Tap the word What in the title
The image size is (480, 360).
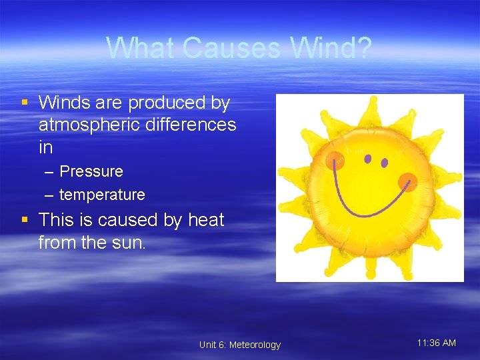(x=141, y=48)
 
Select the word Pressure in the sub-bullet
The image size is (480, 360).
(x=91, y=171)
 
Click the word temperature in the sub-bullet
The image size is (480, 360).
(x=102, y=195)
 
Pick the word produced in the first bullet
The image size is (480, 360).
(x=167, y=103)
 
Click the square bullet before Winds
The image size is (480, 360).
(x=25, y=103)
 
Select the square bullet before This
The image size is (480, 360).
(x=25, y=219)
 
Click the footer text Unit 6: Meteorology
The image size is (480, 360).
(x=240, y=345)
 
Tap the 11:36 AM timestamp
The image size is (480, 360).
(x=437, y=343)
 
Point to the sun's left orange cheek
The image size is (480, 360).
(x=335, y=160)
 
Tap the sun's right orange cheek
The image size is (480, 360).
(x=407, y=181)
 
